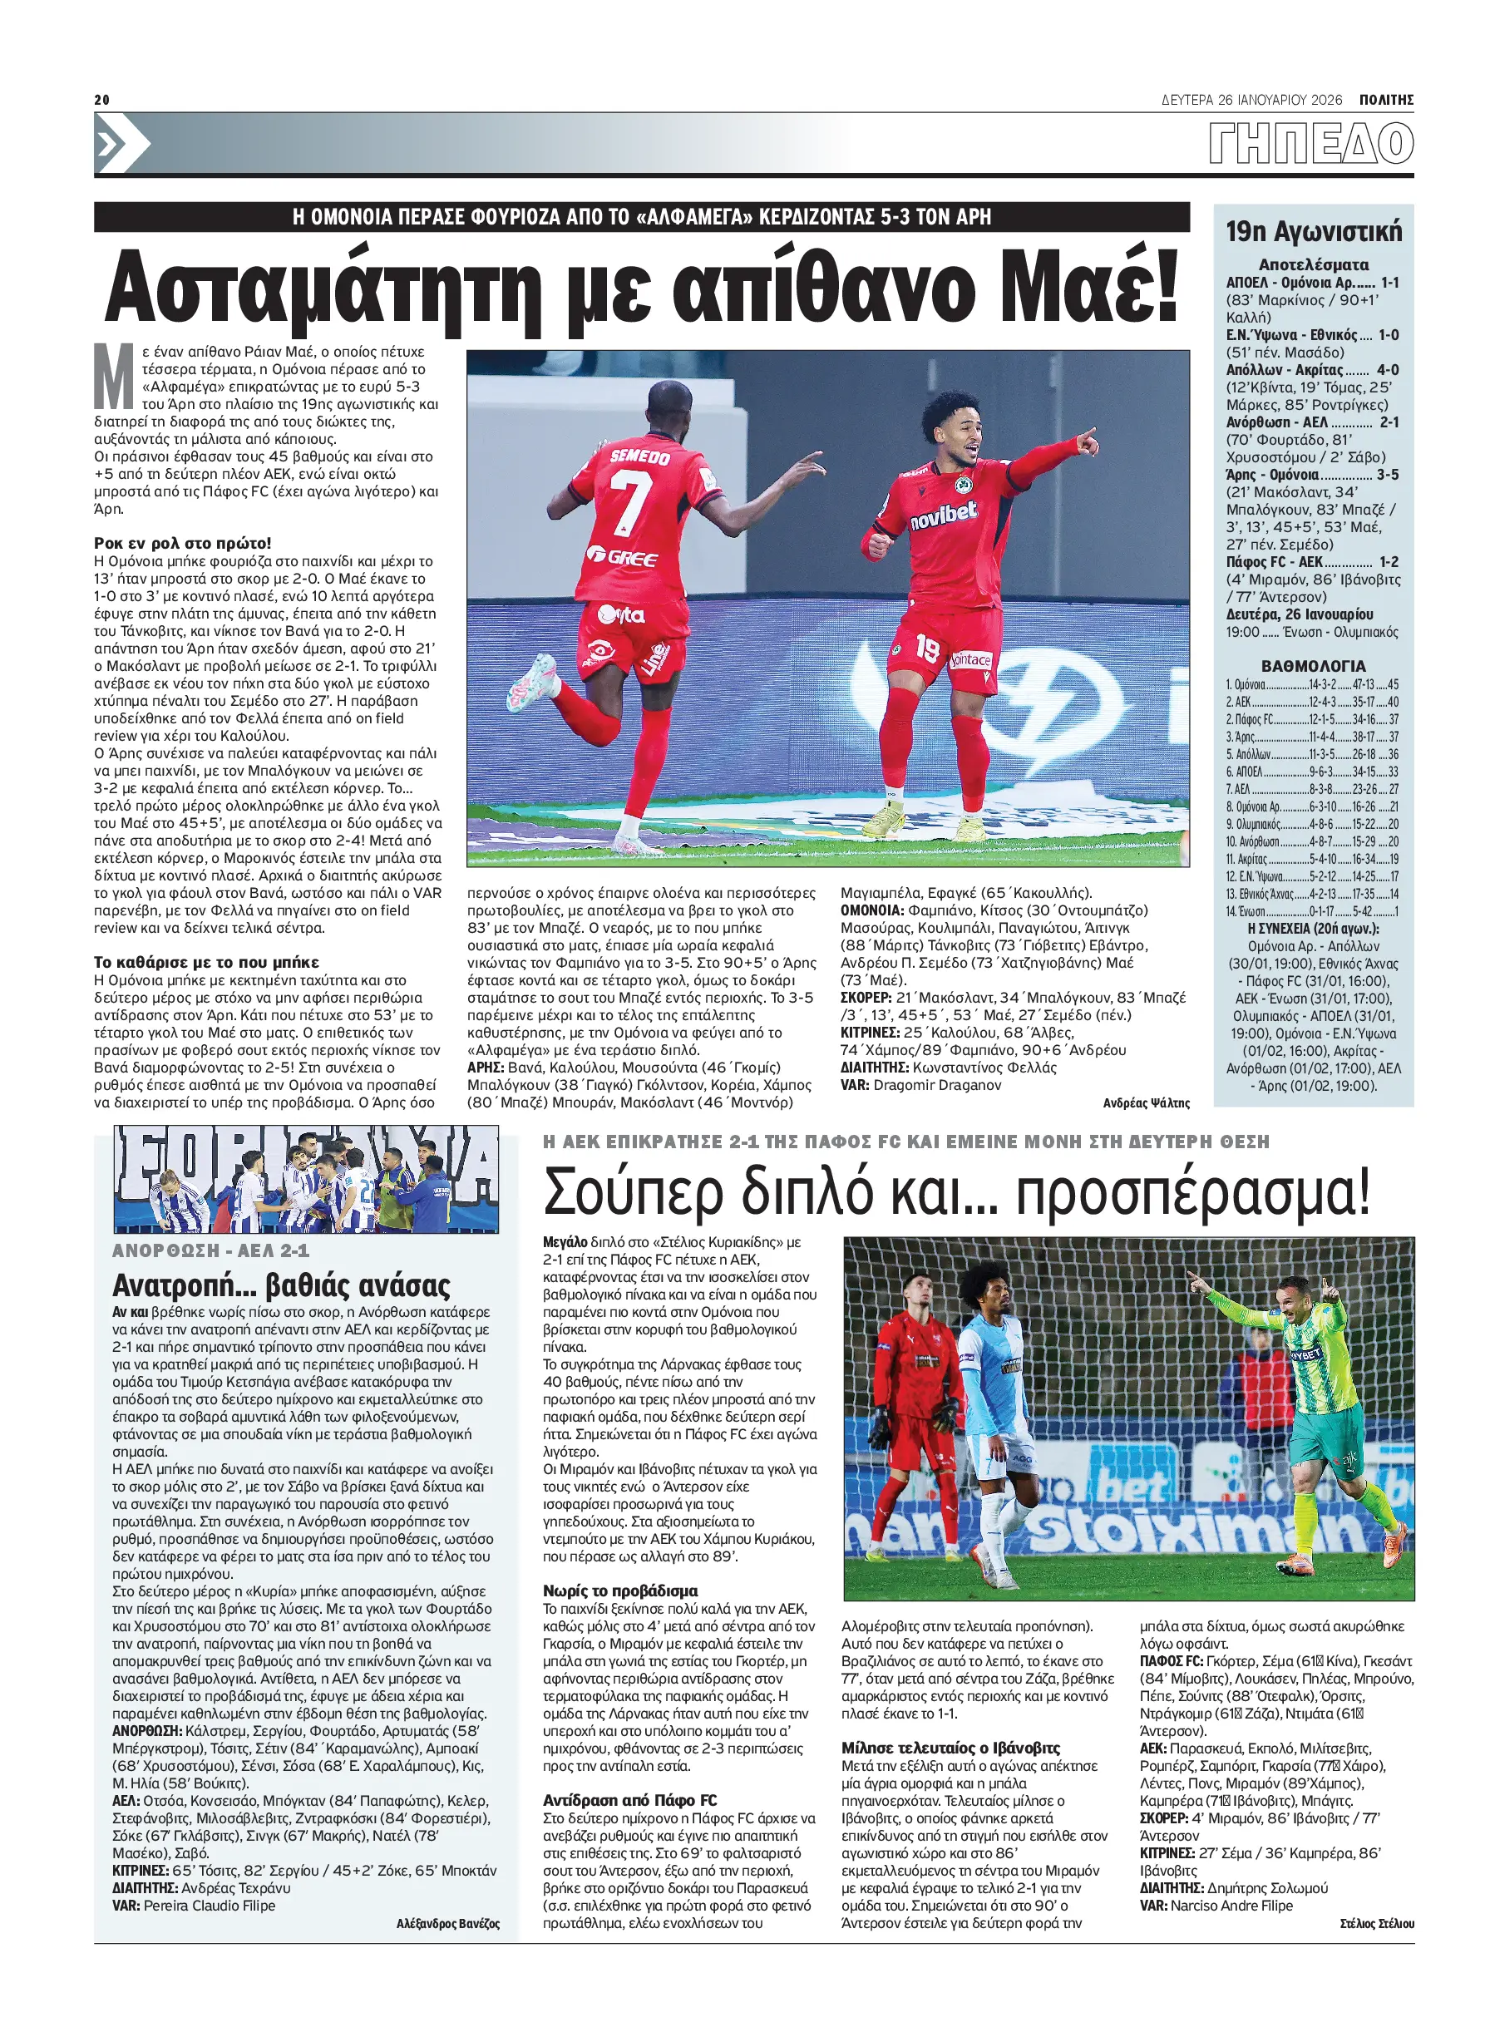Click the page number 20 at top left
pyautogui.click(x=101, y=100)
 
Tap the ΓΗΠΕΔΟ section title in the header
pyautogui.click(x=1310, y=144)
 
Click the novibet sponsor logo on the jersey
pyautogui.click(x=943, y=514)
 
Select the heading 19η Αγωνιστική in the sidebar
pyautogui.click(x=1314, y=232)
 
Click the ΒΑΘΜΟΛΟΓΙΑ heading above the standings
pyautogui.click(x=1314, y=666)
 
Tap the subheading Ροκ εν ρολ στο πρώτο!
pyautogui.click(x=182, y=543)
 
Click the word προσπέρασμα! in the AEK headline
pyautogui.click(x=1194, y=1194)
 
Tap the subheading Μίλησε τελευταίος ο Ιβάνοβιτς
pyautogui.click(x=950, y=1748)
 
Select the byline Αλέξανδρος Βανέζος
pyautogui.click(x=447, y=1924)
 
